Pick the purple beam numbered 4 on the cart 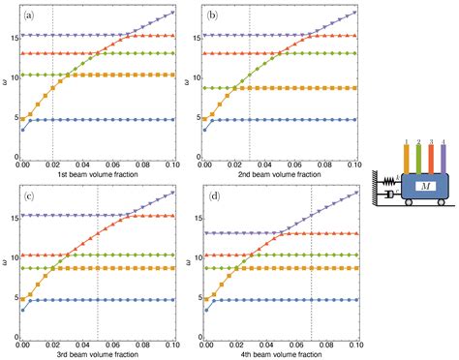[x=443, y=159]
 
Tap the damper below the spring [x=391, y=195]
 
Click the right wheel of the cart [x=441, y=206]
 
